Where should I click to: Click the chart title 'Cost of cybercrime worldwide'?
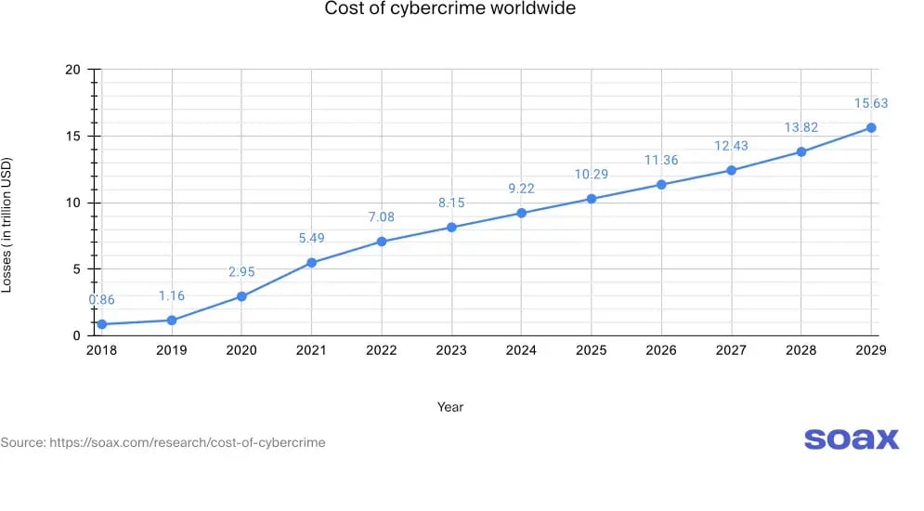click(449, 9)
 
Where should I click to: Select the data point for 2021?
click(311, 263)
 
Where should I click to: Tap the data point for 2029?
click(871, 127)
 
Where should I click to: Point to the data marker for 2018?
click(101, 324)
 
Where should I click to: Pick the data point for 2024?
click(521, 213)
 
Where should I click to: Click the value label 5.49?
click(311, 238)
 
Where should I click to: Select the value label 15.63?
click(871, 104)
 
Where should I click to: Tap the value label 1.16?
click(171, 296)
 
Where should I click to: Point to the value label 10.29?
click(591, 175)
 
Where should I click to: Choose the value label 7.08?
click(381, 217)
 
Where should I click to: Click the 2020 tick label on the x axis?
click(241, 350)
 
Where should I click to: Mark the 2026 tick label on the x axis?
click(660, 350)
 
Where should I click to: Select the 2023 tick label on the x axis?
click(450, 350)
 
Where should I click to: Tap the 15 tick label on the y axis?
click(73, 137)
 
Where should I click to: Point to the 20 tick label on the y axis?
click(73, 70)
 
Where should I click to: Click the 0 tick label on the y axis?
click(78, 335)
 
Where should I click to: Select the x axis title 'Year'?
click(450, 407)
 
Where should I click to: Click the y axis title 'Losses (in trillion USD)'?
click(7, 225)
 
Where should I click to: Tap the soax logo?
click(851, 439)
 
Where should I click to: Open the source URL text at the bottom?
click(163, 442)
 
